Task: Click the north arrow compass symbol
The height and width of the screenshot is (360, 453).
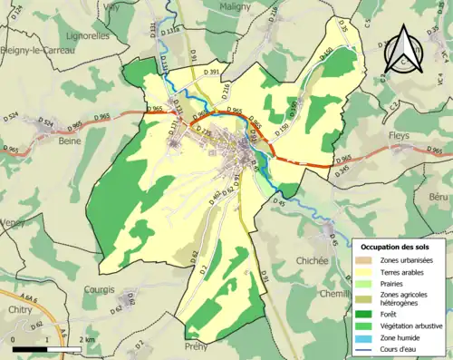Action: coord(402,51)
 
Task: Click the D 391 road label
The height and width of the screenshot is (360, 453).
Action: coord(213,69)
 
